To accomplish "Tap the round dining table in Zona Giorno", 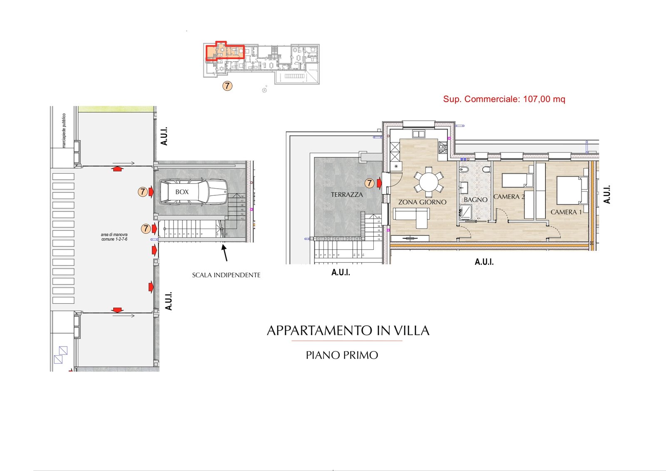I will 429,182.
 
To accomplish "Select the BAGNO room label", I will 475,200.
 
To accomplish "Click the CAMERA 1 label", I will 566,212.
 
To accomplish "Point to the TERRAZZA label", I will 347,194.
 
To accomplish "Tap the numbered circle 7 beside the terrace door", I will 369,183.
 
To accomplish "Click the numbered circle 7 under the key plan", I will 227,86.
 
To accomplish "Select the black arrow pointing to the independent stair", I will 225,253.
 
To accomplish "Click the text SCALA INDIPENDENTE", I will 226,275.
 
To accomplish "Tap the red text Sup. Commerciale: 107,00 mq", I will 504,99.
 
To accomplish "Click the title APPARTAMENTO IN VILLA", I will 348,331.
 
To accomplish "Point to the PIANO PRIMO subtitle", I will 342,355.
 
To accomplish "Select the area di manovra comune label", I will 114,237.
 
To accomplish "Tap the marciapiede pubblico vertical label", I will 64,130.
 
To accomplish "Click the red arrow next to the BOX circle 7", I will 151,192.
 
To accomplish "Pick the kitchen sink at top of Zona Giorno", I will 418,134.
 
